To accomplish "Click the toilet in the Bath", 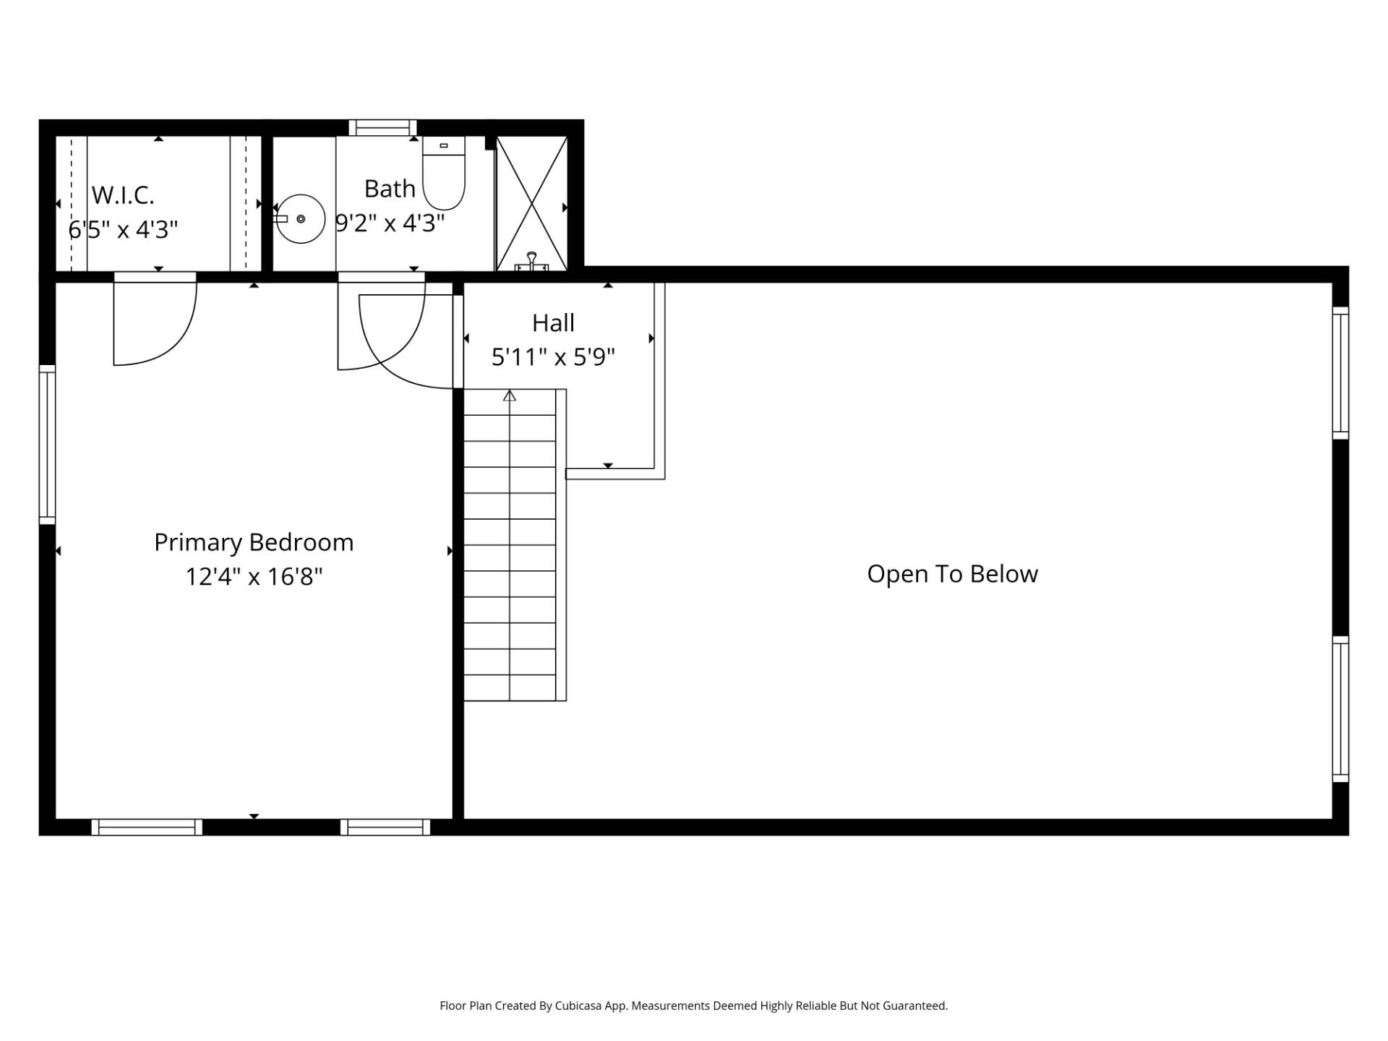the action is (444, 173).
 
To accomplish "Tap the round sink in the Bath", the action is (301, 219).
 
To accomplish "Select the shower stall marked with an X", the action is (531, 204).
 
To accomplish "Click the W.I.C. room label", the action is (123, 195).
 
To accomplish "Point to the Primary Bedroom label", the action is (254, 542).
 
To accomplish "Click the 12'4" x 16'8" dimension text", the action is (254, 577).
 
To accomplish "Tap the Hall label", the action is (553, 322).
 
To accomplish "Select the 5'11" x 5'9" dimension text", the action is (553, 357).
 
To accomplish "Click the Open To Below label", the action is (952, 574).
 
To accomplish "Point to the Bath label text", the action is (390, 189).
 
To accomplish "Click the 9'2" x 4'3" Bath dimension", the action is (390, 223).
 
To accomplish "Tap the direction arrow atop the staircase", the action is (510, 395).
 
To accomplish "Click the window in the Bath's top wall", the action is (382, 128).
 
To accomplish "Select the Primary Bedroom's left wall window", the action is (47, 445).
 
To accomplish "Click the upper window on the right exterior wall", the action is (1340, 373).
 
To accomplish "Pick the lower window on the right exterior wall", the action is (1340, 709).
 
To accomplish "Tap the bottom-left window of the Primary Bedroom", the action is (147, 827).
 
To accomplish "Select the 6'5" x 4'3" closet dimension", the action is (123, 229).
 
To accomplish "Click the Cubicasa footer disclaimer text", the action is (694, 1006).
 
